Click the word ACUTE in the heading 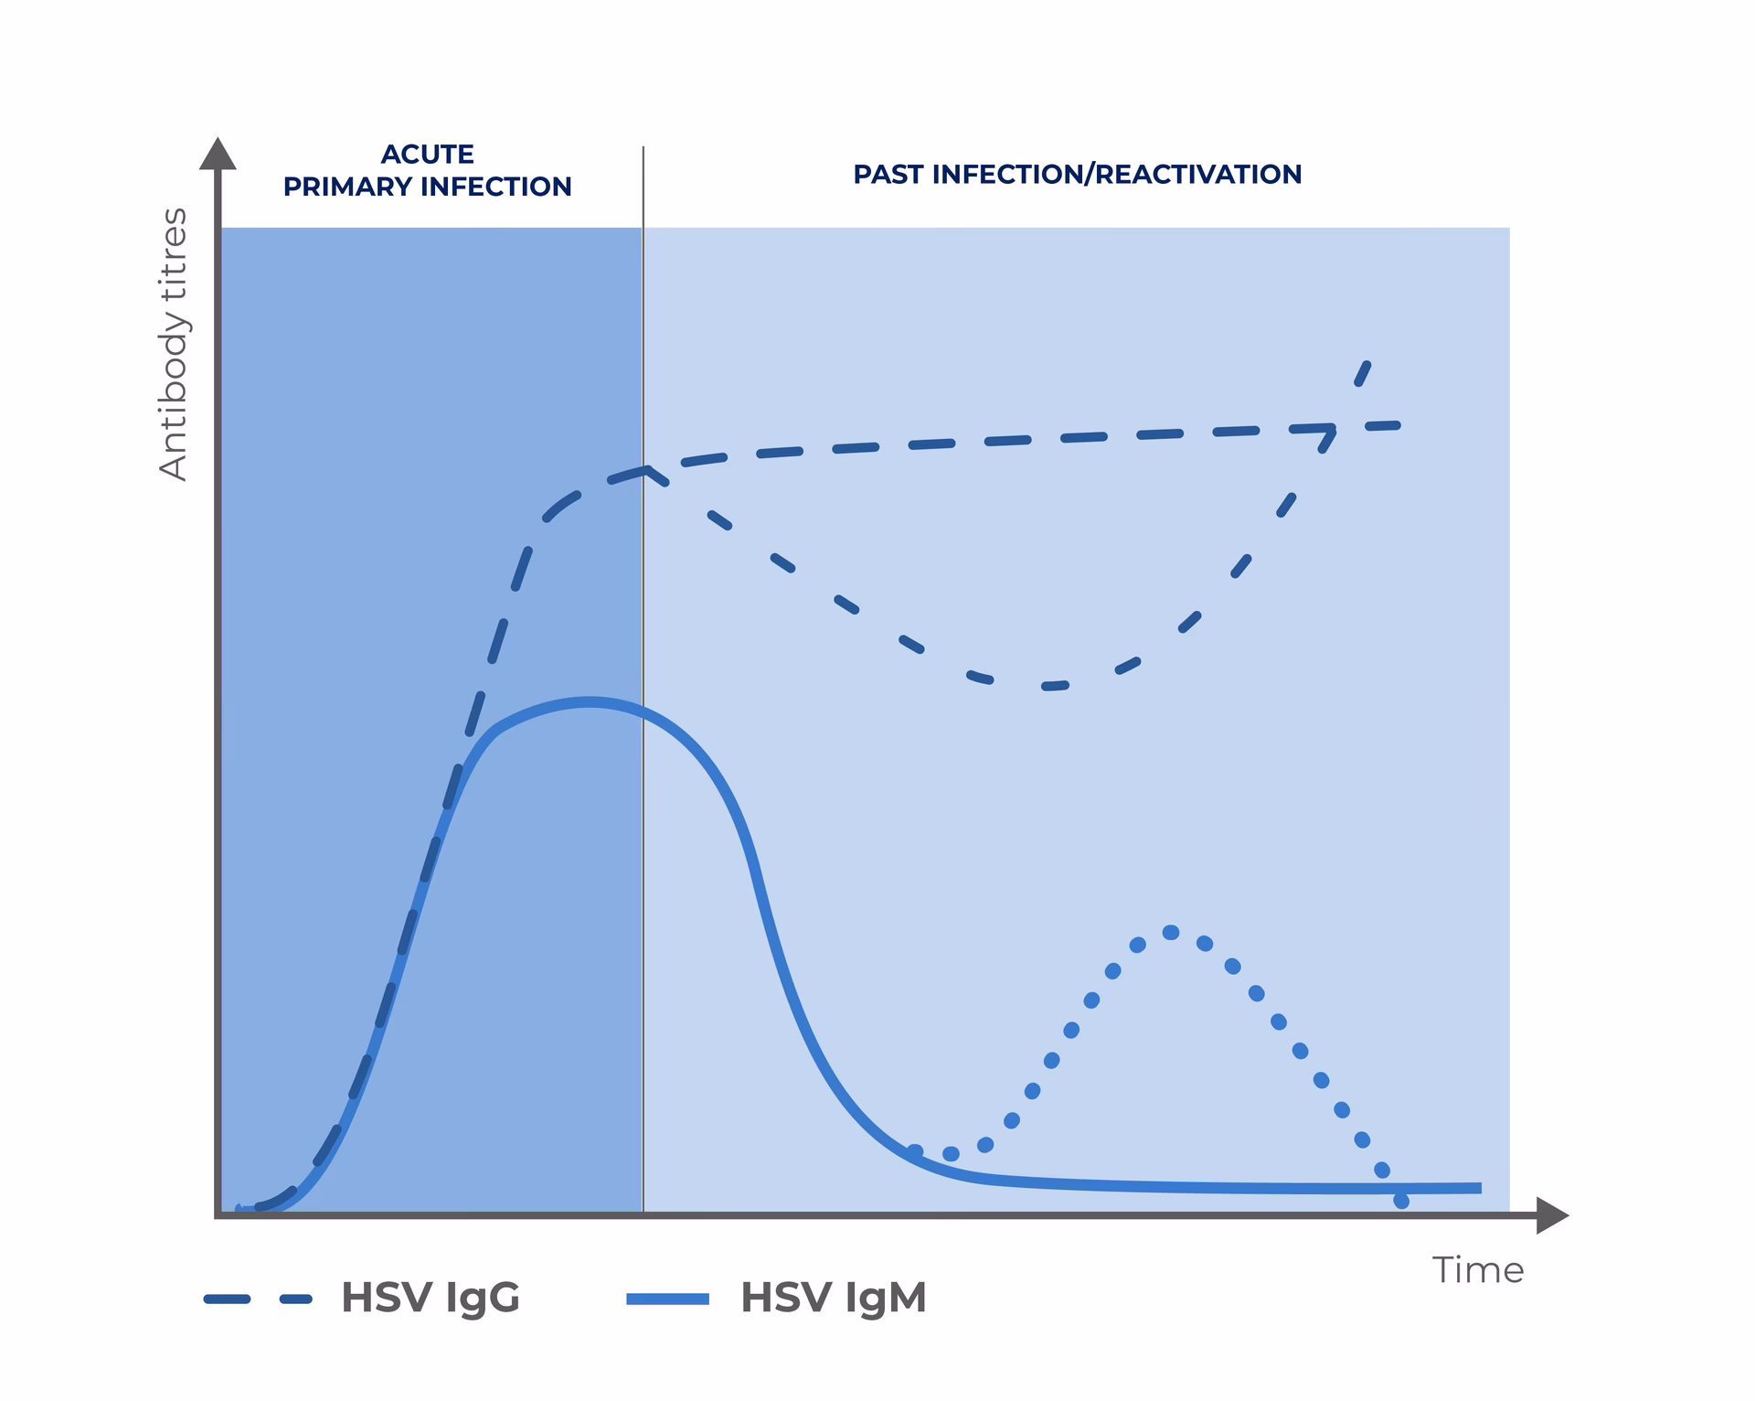[427, 154]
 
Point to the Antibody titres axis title [173, 344]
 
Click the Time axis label [1477, 1270]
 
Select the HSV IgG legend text [430, 1297]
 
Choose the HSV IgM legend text [833, 1297]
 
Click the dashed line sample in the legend [258, 1299]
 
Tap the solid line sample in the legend [667, 1299]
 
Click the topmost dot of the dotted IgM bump [1171, 933]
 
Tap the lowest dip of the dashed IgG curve [1051, 686]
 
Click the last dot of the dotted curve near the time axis [1401, 1201]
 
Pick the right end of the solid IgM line [1479, 1188]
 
